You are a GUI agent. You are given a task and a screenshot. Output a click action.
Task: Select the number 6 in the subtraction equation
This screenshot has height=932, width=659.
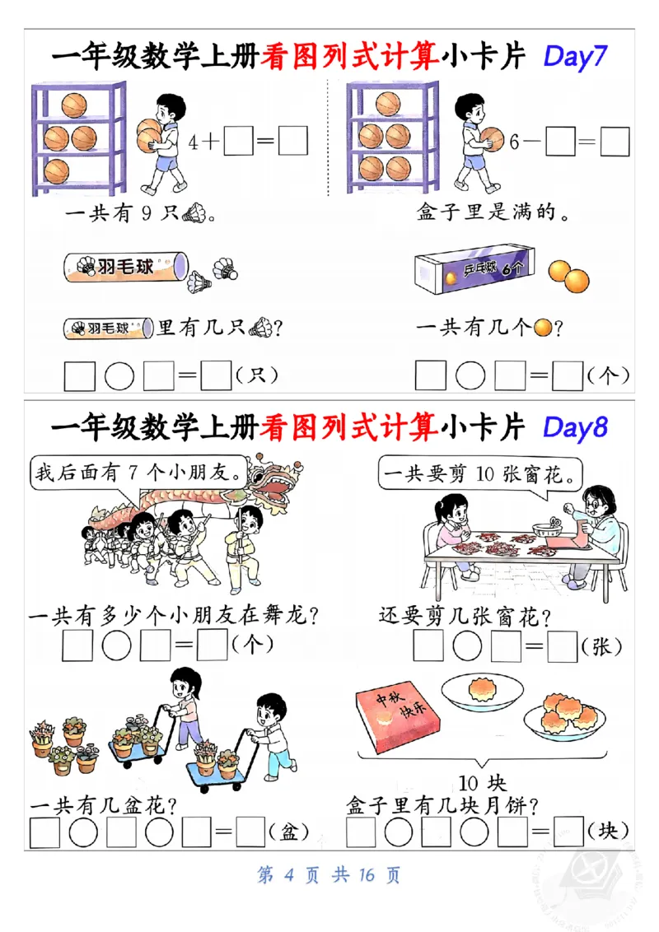click(x=514, y=142)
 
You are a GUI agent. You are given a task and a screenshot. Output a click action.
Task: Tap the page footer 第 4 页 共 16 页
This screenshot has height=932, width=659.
click(x=329, y=874)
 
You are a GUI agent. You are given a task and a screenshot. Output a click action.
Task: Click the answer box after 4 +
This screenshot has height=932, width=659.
click(x=238, y=142)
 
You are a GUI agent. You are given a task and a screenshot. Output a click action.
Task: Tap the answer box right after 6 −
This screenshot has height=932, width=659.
click(x=560, y=142)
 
